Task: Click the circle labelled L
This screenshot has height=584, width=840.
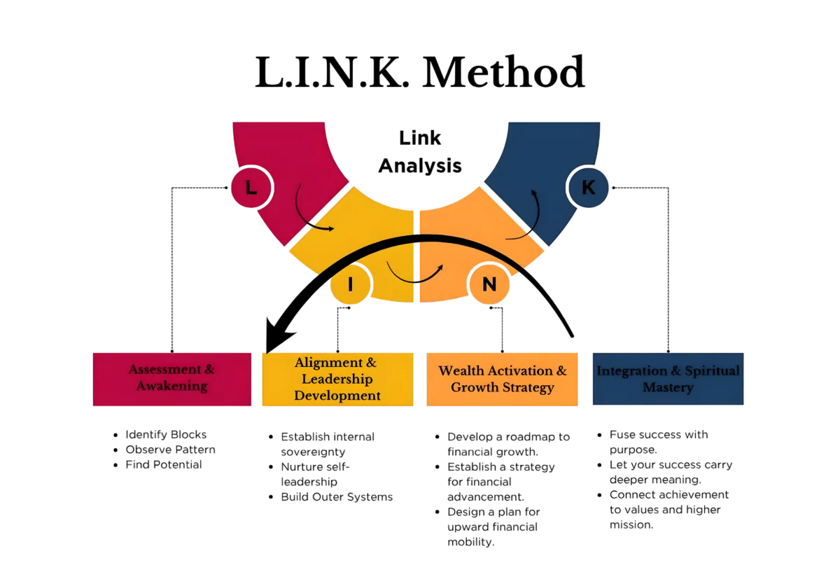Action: tap(251, 188)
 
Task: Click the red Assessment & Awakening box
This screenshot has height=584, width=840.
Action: tap(171, 378)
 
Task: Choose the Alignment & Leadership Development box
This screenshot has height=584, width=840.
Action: tap(337, 379)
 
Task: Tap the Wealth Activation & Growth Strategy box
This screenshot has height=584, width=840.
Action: tap(503, 379)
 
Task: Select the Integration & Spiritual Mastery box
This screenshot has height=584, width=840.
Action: tap(667, 379)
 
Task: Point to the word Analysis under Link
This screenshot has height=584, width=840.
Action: tap(421, 165)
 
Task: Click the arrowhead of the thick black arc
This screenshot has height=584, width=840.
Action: tap(271, 340)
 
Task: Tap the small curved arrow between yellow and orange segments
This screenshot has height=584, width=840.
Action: tap(416, 275)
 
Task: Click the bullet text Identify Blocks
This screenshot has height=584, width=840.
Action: tap(165, 435)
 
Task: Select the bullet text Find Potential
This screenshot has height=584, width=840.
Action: tap(163, 464)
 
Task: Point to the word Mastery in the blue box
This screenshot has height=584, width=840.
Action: tap(667, 387)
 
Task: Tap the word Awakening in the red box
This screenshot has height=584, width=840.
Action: tap(172, 386)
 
